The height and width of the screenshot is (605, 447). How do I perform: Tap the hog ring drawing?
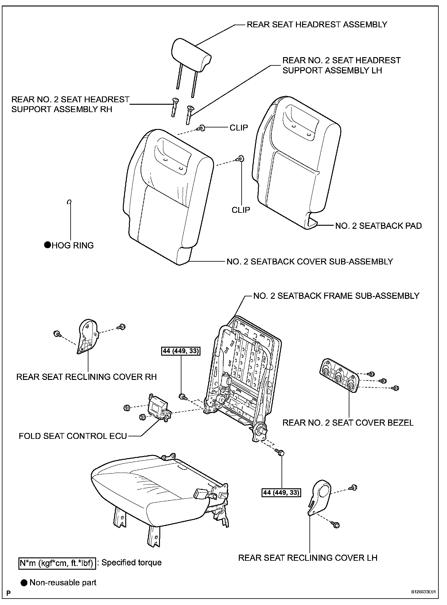click(x=69, y=202)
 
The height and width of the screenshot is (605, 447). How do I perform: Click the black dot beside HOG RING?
click(x=48, y=245)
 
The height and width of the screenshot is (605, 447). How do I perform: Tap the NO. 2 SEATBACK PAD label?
click(x=378, y=226)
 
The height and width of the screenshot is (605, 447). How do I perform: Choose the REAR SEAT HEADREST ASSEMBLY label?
click(x=317, y=25)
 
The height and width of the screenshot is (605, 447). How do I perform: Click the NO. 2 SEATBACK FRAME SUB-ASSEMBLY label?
click(x=336, y=296)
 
